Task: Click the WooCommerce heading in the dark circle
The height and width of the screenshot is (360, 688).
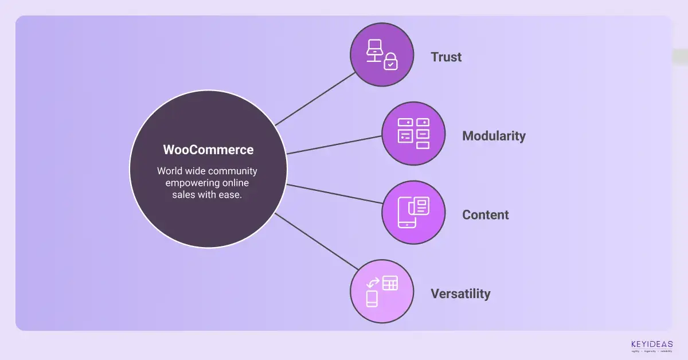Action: coord(208,150)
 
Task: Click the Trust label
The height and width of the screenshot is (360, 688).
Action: coord(446,57)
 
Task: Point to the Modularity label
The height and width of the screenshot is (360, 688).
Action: coord(494,136)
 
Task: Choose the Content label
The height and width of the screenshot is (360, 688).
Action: coord(486,215)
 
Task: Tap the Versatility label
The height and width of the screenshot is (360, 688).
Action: coord(460,294)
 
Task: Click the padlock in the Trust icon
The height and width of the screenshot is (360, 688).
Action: coord(390,62)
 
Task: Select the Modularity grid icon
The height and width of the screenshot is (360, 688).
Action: coord(413,134)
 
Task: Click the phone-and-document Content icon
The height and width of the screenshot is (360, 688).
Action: coord(413,212)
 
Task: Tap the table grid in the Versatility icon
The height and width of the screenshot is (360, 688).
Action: coord(390,283)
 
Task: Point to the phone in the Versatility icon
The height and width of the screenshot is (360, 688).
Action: coord(372,299)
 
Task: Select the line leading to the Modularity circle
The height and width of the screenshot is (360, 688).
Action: coord(334,144)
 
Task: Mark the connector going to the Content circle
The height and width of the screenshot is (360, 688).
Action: coord(334,194)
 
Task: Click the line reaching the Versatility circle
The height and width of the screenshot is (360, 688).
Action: coord(315,241)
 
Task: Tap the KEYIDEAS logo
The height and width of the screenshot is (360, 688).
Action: coord(650,345)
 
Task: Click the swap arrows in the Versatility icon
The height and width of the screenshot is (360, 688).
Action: coord(373,283)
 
